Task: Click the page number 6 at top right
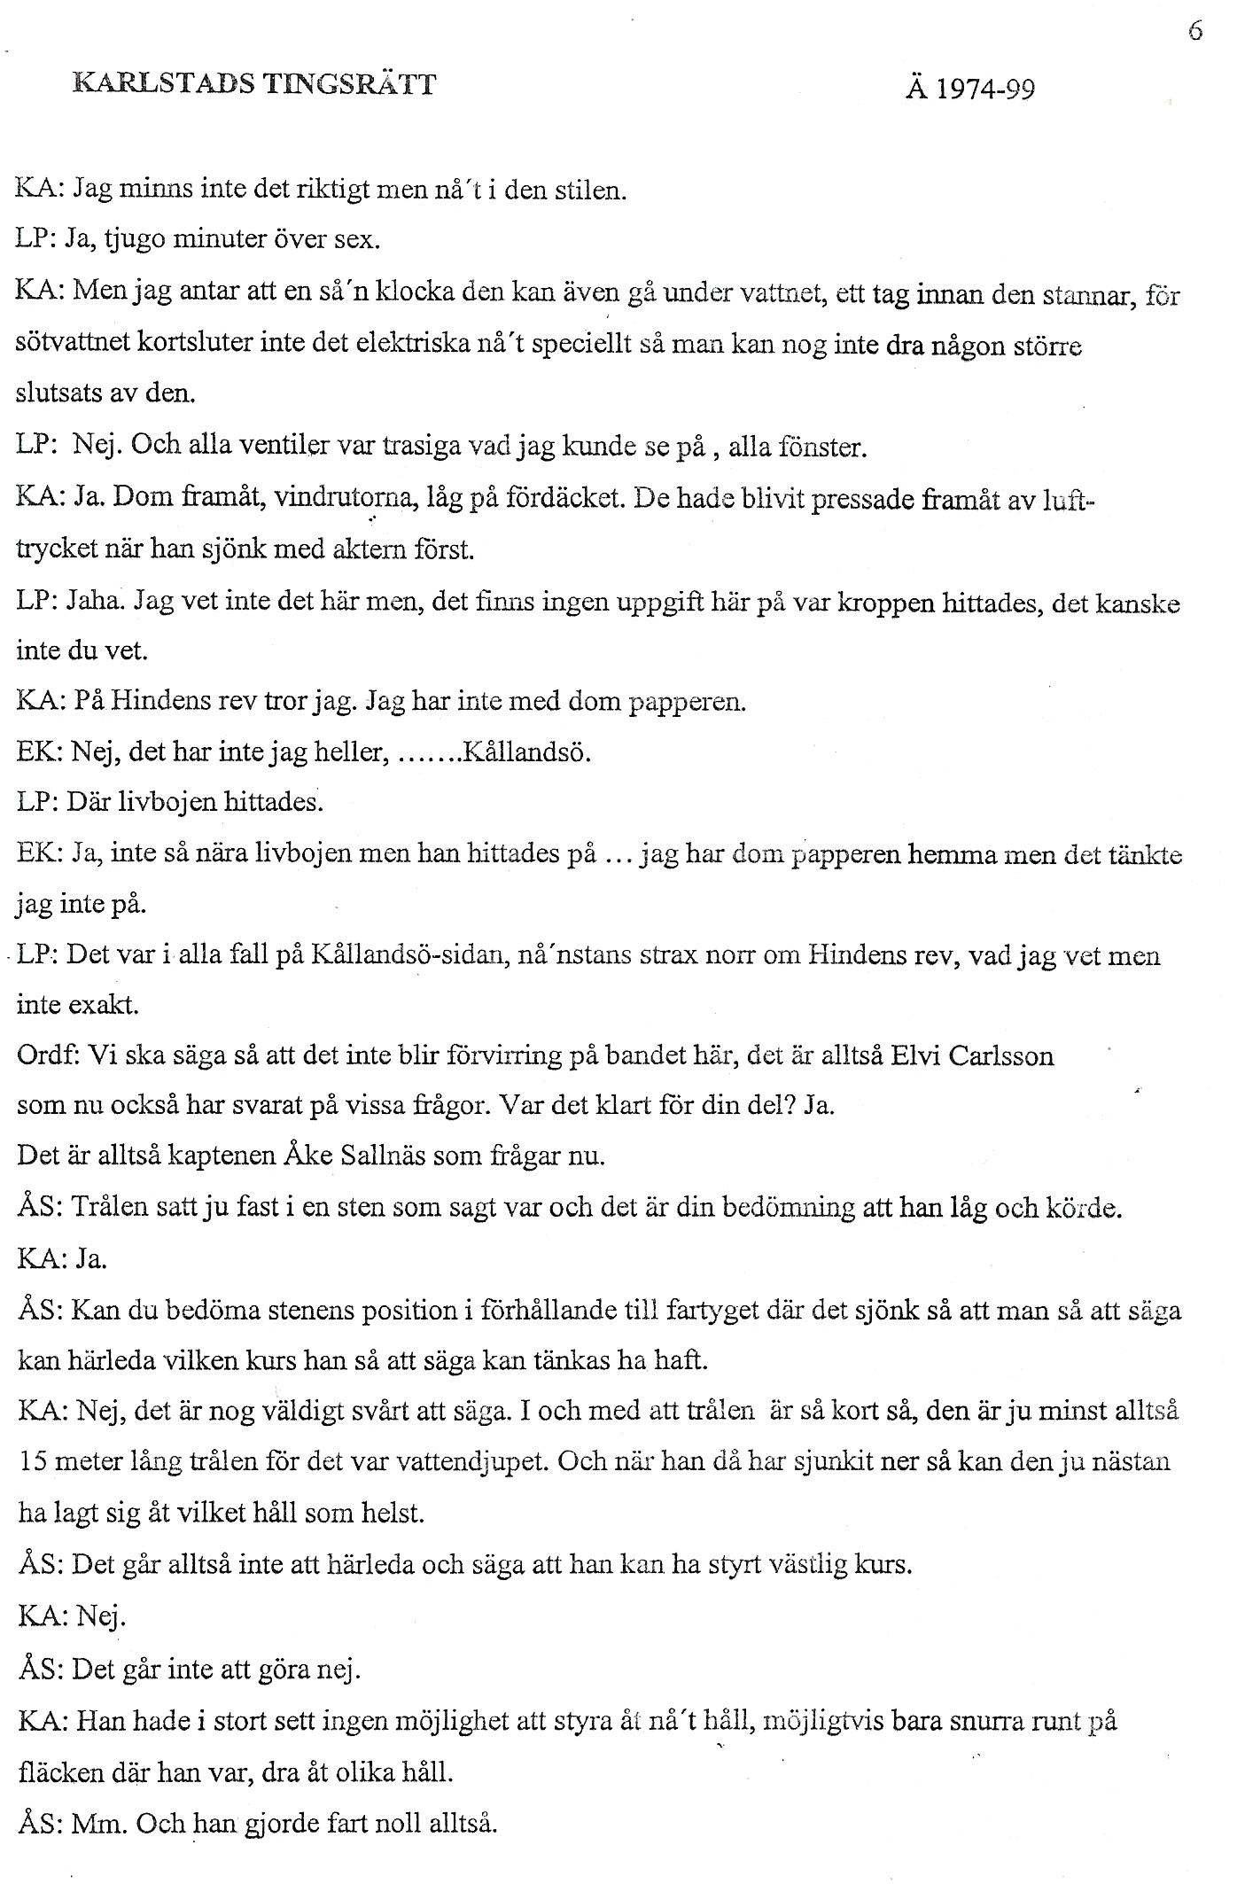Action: click(1196, 32)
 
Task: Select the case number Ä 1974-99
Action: click(970, 90)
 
